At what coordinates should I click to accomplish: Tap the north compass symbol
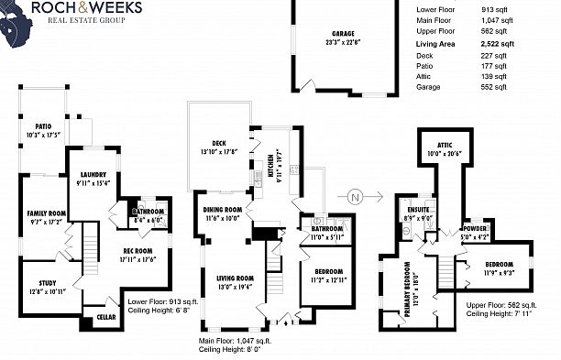[354, 195]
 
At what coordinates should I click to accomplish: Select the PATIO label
[43, 127]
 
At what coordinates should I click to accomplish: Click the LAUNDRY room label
[94, 174]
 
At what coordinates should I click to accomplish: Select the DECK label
[218, 144]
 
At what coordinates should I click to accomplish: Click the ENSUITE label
[417, 210]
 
